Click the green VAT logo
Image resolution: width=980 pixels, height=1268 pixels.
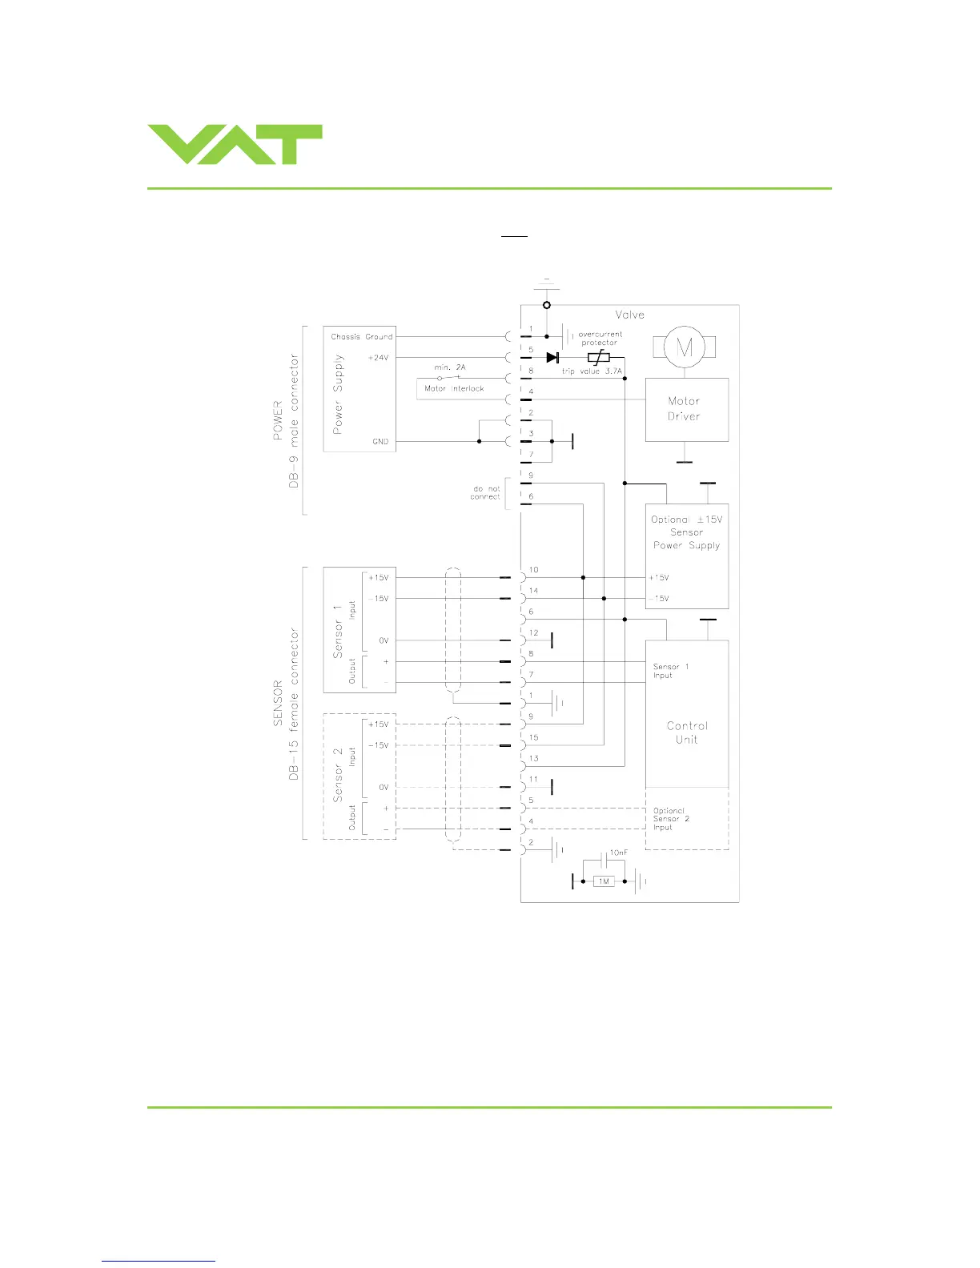(x=235, y=145)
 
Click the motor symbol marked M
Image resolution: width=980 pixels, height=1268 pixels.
(x=685, y=347)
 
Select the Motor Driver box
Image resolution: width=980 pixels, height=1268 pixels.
(x=686, y=409)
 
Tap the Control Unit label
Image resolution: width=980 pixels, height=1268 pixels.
(x=687, y=732)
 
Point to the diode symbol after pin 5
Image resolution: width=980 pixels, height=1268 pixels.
(x=552, y=357)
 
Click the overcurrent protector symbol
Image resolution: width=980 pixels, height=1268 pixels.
(x=599, y=357)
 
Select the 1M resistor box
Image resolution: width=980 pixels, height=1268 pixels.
(x=604, y=881)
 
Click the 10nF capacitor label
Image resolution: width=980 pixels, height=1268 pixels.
(x=618, y=853)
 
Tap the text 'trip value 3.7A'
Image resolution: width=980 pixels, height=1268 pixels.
(x=591, y=371)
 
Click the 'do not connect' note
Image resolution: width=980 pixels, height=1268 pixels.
(x=485, y=492)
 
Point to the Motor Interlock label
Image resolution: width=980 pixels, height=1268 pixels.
(x=454, y=388)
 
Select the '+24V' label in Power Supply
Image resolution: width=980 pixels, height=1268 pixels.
(x=378, y=358)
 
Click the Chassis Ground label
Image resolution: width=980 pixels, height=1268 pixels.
(x=362, y=337)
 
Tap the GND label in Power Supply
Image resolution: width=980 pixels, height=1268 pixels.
(x=380, y=441)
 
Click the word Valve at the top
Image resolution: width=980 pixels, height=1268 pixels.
(x=629, y=315)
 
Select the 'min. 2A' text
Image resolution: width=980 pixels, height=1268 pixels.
(x=450, y=367)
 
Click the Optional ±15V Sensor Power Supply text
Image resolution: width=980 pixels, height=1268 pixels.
(x=686, y=532)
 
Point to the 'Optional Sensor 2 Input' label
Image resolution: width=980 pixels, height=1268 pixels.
(x=671, y=819)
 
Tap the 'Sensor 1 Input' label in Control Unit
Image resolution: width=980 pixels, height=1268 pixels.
(x=670, y=671)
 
